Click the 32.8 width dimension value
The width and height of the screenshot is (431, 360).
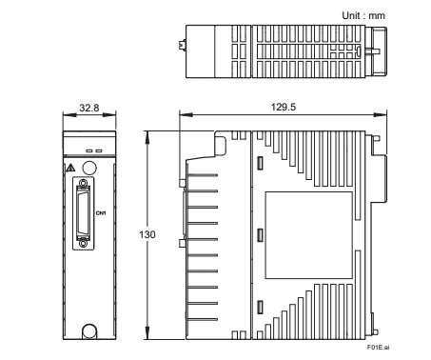(89, 108)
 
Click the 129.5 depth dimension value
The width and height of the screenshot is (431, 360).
(284, 107)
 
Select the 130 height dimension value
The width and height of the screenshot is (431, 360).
(147, 234)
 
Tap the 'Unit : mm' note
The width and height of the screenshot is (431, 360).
(363, 15)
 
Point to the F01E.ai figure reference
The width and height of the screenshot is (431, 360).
(378, 348)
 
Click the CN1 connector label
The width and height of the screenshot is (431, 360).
(101, 213)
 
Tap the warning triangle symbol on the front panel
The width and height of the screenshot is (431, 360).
(70, 168)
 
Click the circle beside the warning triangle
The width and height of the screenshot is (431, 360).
(89, 168)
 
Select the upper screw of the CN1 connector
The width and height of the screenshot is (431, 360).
(83, 183)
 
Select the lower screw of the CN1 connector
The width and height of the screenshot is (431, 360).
(83, 244)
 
